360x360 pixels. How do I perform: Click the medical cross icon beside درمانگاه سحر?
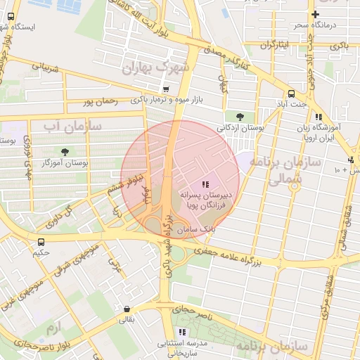pyautogui.click(x=316, y=14)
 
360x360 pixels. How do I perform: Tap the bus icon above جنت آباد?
pyautogui.click(x=291, y=94)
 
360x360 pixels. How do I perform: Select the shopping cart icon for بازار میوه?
pyautogui.click(x=166, y=89)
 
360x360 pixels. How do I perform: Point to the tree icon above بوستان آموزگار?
pyautogui.click(x=65, y=151)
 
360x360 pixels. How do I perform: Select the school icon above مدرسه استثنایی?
pyautogui.click(x=182, y=331)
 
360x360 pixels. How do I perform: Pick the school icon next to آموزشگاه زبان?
pyautogui.click(x=319, y=117)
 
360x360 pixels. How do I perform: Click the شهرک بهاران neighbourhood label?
pyautogui.click(x=157, y=67)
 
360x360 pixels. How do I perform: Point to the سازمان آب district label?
pyautogui.click(x=72, y=127)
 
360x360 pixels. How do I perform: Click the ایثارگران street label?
pyautogui.click(x=276, y=46)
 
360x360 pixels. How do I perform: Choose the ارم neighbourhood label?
pyautogui.click(x=53, y=328)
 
